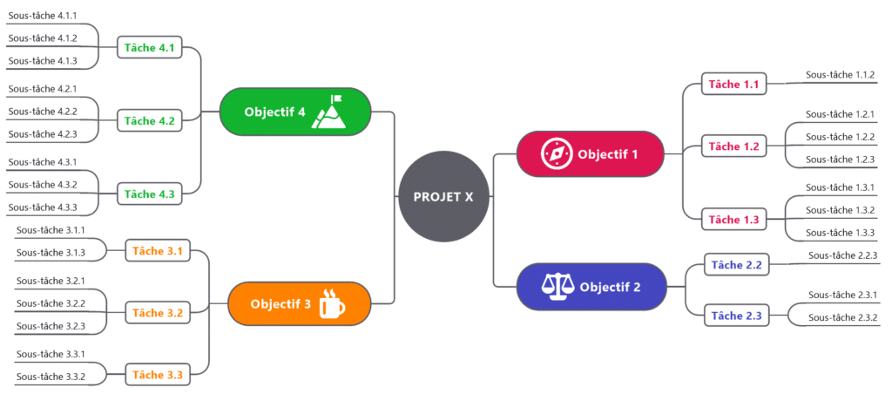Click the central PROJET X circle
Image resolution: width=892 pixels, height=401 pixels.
click(444, 196)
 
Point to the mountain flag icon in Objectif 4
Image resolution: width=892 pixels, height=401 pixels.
click(330, 112)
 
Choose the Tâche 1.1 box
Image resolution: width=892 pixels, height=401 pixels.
click(733, 85)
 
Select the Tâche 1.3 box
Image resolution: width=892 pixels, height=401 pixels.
click(733, 219)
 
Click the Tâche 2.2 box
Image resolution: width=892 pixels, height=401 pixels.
click(736, 264)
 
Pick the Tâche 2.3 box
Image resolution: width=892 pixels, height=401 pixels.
click(736, 315)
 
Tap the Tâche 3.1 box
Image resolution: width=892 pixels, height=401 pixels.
click(157, 251)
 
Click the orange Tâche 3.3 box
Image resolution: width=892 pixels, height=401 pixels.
click(157, 375)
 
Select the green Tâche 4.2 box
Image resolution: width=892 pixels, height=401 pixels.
click(149, 121)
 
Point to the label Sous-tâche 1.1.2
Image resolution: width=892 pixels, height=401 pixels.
click(840, 75)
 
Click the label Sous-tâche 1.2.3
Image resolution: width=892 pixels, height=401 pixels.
click(840, 159)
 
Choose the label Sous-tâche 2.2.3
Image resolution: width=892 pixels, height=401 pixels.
click(842, 255)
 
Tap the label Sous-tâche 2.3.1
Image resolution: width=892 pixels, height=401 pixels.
click(842, 295)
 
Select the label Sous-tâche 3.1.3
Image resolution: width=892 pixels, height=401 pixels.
click(51, 252)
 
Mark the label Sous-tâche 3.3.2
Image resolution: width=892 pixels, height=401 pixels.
click(51, 377)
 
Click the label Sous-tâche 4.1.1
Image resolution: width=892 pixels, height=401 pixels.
click(43, 16)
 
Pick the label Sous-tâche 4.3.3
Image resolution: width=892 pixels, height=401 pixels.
click(43, 207)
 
